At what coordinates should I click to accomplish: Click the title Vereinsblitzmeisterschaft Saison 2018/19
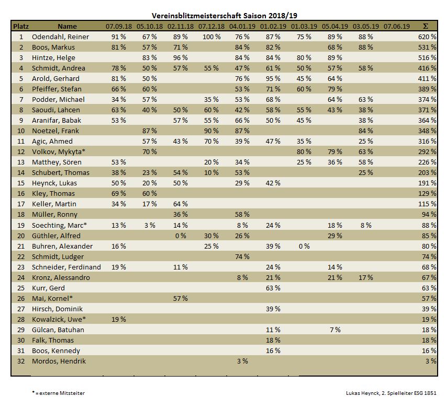(225, 16)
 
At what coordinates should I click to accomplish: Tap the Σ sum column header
(426, 26)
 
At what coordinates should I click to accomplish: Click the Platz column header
(21, 26)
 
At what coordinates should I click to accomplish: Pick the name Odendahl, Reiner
(60, 37)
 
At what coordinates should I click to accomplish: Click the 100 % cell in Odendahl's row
(211, 37)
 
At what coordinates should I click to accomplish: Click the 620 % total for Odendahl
(427, 37)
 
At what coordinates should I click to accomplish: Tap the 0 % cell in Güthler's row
(181, 236)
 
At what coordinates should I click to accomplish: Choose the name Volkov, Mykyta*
(59, 151)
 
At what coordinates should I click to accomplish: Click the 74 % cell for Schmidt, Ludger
(242, 256)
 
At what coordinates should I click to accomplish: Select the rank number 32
(21, 361)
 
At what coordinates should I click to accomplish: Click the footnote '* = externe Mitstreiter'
(58, 393)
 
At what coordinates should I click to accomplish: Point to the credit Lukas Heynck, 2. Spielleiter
(391, 393)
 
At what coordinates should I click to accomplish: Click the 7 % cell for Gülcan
(335, 330)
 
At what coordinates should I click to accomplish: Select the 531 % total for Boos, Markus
(427, 47)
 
